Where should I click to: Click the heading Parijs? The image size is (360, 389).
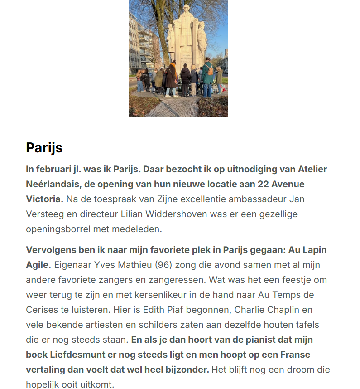(44, 147)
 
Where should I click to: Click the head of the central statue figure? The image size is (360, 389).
(186, 9)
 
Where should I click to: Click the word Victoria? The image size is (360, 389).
(44, 199)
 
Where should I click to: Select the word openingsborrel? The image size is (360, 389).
(58, 229)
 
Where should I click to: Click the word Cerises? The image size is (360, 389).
(41, 310)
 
